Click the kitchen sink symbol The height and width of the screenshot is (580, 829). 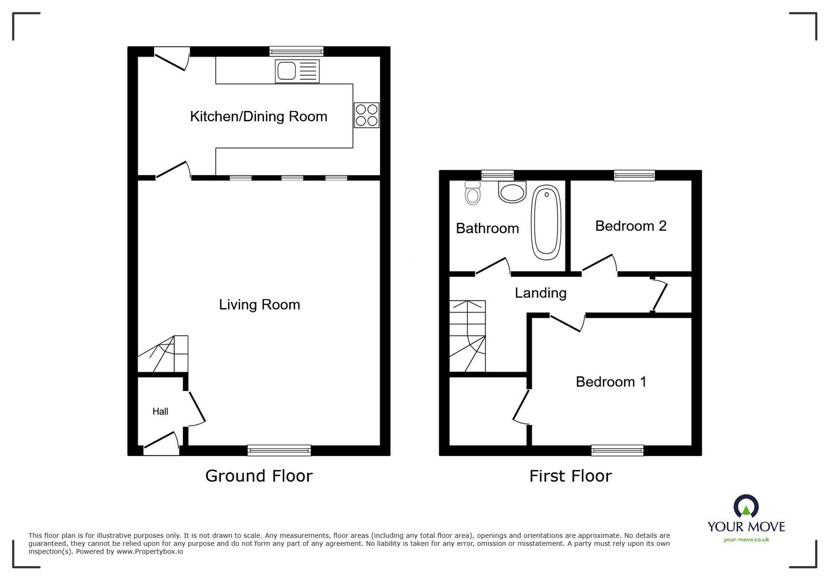(x=298, y=71)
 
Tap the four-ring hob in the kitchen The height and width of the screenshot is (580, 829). (x=366, y=115)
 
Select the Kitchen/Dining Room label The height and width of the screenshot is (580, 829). (x=258, y=116)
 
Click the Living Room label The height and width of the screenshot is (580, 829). (x=259, y=304)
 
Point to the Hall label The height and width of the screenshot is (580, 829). (x=160, y=412)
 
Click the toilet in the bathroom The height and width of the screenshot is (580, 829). (x=472, y=193)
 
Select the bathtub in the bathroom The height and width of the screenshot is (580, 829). (x=546, y=223)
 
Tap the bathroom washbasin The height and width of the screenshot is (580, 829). (x=512, y=191)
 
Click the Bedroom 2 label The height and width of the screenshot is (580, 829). (x=630, y=226)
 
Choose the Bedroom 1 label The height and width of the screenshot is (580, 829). (x=611, y=382)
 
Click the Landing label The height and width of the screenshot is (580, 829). (x=540, y=293)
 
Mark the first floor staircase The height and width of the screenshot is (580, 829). (x=467, y=336)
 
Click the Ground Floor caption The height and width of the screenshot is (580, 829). (x=259, y=476)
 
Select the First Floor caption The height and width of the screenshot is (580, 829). (x=570, y=476)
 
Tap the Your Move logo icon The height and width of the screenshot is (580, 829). (x=746, y=507)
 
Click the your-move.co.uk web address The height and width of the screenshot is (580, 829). (x=746, y=540)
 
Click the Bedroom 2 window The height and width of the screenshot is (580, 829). (x=634, y=176)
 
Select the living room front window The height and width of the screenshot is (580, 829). (x=279, y=450)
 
